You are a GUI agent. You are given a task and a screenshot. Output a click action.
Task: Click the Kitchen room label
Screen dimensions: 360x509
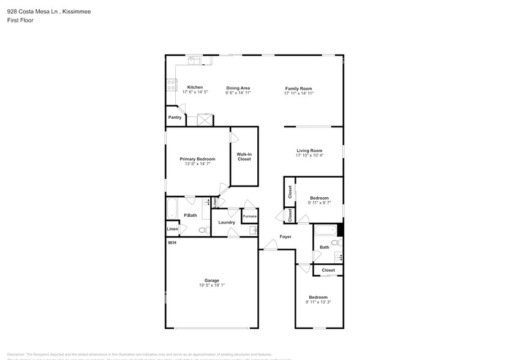pos(195,88)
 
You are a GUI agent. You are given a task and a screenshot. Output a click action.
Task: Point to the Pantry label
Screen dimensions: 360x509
pos(175,118)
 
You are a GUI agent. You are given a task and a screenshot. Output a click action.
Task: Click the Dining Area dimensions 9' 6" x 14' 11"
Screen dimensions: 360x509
pos(238,93)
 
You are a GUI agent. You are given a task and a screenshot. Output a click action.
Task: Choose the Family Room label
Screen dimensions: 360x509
pos(298,88)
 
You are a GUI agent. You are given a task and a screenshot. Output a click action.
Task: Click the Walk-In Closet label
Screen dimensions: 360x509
pos(244,157)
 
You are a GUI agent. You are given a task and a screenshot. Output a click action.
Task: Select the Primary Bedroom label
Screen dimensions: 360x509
pos(197,159)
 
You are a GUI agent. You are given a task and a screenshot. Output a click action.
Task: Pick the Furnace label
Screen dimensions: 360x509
pos(249,217)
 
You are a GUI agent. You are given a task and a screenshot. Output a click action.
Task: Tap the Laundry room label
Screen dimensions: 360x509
pos(227,222)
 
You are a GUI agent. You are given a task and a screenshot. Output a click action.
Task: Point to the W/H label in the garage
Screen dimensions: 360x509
pos(172,243)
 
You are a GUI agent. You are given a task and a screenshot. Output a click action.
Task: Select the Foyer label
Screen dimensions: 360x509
pos(285,236)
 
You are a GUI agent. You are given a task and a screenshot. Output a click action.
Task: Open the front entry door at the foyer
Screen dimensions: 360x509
pos(270,246)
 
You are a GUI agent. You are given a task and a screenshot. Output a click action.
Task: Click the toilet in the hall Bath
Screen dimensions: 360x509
pos(336,243)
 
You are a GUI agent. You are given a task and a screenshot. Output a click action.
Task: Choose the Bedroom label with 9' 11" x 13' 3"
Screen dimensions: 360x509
pos(319,297)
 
